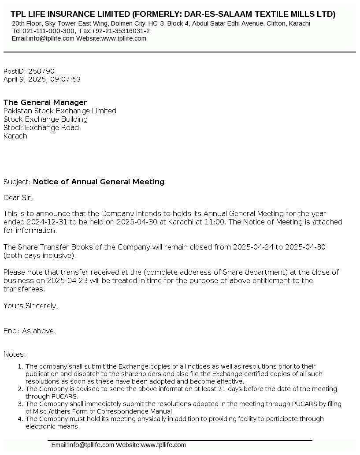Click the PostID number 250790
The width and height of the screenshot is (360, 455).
tap(41, 71)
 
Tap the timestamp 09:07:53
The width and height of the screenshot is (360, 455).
tap(66, 80)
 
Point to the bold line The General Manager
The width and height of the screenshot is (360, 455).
tap(45, 103)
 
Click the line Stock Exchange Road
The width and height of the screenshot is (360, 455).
tap(41, 128)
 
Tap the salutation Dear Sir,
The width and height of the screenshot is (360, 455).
tap(18, 198)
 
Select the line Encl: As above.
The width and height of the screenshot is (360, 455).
tap(30, 331)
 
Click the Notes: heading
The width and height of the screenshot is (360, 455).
tap(15, 354)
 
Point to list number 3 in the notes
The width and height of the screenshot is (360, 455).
tap(20, 404)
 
